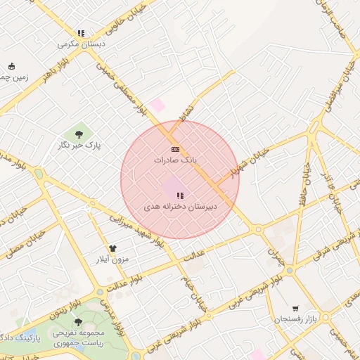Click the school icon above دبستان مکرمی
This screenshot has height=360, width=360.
tap(82, 33)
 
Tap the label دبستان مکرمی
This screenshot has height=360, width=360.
tap(82, 44)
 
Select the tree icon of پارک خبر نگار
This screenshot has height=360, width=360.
tap(78, 134)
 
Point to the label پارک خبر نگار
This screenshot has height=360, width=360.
tap(79, 146)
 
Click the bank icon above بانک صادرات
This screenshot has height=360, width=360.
tap(175, 149)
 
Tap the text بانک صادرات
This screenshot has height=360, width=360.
tap(173, 160)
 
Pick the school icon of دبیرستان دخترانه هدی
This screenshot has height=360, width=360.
tap(180, 195)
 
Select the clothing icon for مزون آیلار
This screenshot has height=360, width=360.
tap(112, 248)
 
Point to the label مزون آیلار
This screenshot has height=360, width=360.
tap(112, 259)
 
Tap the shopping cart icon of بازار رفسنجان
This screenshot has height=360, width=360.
tap(295, 308)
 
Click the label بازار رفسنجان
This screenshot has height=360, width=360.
tap(297, 319)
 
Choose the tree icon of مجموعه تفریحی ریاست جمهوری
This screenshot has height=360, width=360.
tap(78, 321)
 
